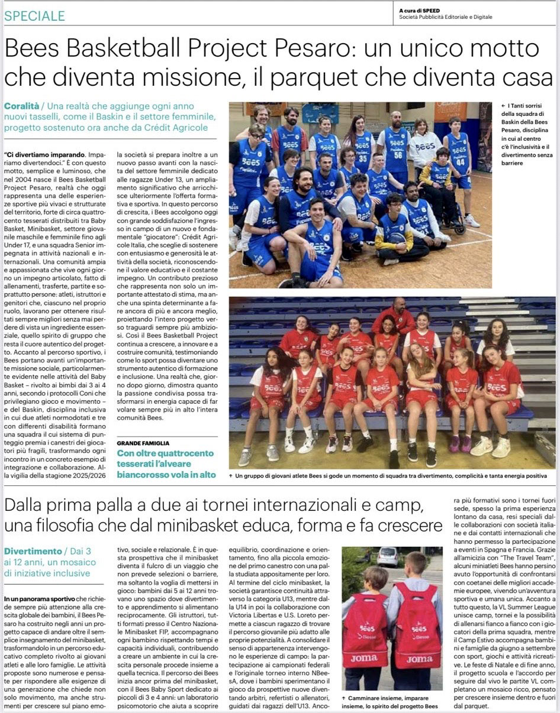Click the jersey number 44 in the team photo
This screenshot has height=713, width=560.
click(459, 160)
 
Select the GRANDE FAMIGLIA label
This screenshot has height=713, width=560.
click(143, 443)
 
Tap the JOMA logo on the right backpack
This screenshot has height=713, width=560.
click(419, 659)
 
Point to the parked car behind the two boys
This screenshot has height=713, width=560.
click(387, 556)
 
